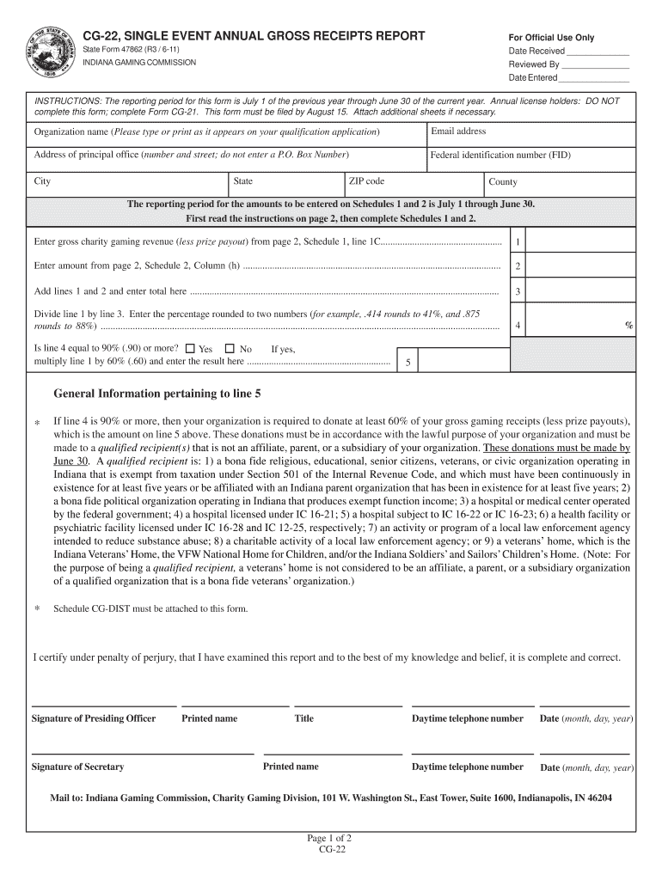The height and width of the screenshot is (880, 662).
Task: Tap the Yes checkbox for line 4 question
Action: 190,349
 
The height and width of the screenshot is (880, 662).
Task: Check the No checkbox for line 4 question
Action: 230,349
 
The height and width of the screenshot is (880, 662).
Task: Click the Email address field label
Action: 458,131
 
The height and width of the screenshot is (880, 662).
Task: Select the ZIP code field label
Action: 367,181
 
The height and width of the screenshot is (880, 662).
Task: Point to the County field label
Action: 503,182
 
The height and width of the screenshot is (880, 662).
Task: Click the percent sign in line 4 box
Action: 628,326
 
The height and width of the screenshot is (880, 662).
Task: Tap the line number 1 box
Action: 518,242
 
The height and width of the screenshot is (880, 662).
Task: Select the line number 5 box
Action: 408,363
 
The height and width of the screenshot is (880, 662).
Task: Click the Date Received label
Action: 536,52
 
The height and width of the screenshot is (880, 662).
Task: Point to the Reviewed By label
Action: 534,64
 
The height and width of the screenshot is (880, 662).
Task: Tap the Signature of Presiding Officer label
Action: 94,718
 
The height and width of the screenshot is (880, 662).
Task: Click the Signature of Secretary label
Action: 77,767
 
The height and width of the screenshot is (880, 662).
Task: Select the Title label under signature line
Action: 303,718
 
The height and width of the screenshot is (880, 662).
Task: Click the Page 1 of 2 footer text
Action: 330,838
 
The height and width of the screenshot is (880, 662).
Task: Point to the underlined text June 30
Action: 72,461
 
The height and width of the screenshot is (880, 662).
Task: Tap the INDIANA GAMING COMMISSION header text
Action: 139,63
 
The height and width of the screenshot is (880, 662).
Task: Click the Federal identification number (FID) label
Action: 500,156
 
